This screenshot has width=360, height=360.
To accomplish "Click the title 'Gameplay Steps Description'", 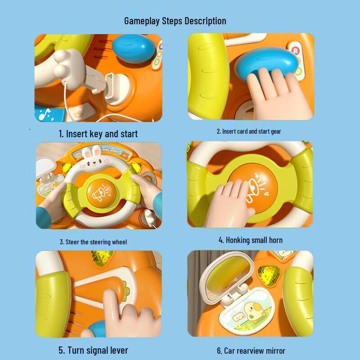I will click(x=175, y=21).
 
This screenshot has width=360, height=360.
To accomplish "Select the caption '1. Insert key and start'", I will click(x=98, y=134).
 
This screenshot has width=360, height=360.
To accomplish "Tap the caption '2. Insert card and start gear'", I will click(x=248, y=131).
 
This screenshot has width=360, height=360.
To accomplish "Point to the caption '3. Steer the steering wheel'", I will click(x=94, y=242).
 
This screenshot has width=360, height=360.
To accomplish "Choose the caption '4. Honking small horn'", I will click(x=250, y=240).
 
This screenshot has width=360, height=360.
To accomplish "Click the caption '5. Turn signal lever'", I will click(x=93, y=350).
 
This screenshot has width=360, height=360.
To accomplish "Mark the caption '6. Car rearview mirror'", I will click(x=251, y=351).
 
